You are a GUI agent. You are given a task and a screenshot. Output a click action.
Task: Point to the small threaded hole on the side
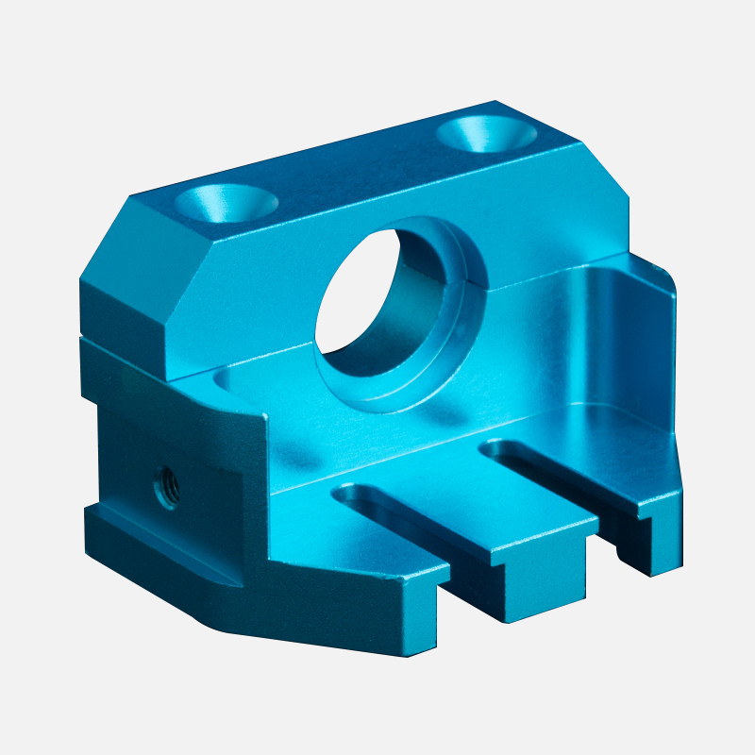(167, 487)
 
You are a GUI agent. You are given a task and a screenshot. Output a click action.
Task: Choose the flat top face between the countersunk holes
(359, 170)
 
